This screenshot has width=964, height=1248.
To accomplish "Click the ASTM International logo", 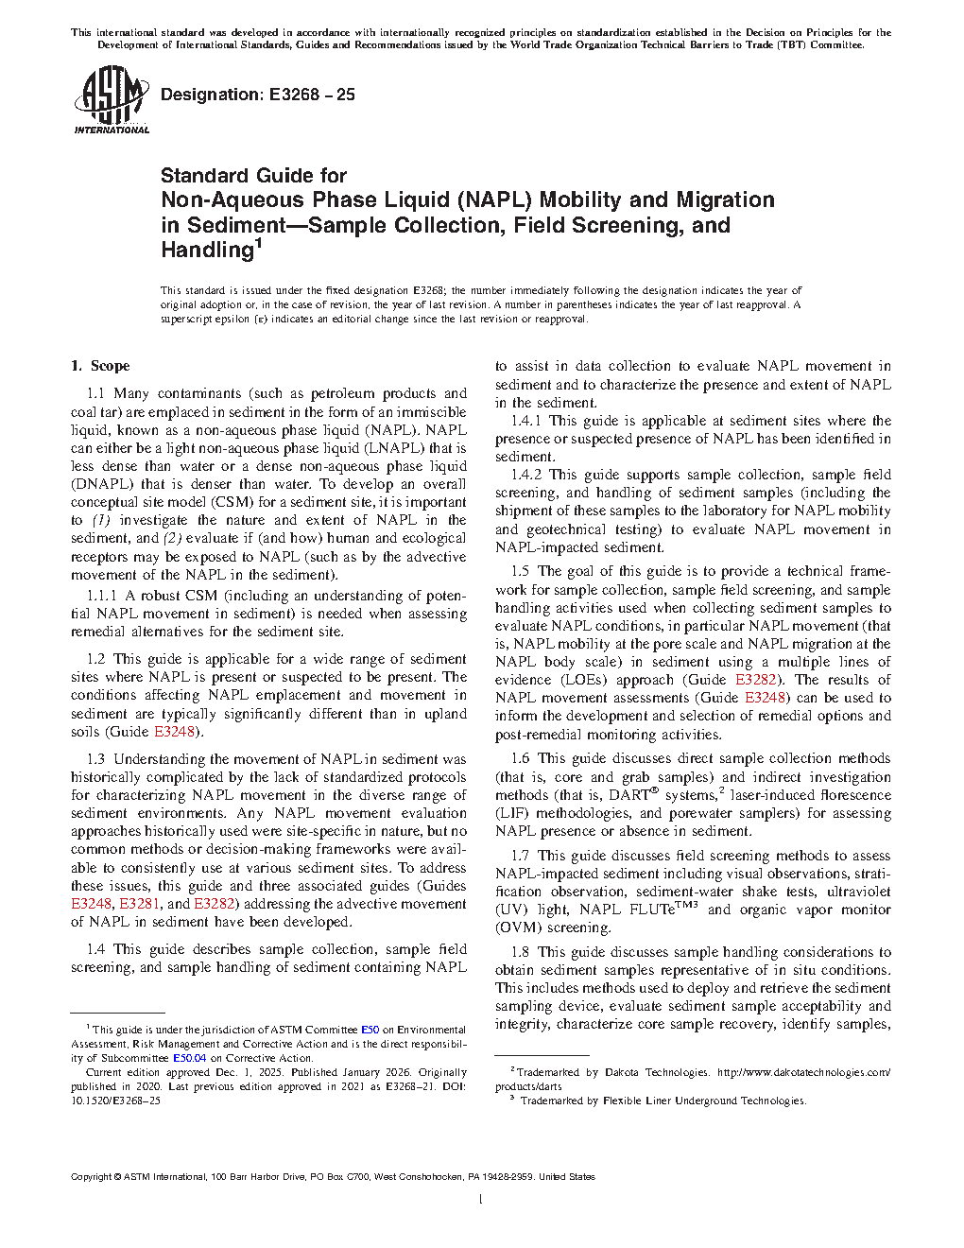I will point(111,99).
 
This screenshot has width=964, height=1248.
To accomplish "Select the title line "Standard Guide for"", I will point(253,176).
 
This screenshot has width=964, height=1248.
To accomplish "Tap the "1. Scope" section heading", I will point(100,366).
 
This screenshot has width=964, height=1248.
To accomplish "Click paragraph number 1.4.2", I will point(526,475).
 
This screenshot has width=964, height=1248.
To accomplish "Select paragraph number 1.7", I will point(520,856).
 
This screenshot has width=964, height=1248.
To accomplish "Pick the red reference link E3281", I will point(140,904).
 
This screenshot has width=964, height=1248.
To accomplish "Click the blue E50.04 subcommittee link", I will point(189,1058).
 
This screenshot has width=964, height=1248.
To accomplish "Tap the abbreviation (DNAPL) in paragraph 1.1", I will point(102,484).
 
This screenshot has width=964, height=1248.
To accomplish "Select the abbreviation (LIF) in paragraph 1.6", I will point(511,813).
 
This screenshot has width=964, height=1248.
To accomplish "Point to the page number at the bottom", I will point(481,1200).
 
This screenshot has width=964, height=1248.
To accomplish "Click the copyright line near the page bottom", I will point(333,1177).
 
